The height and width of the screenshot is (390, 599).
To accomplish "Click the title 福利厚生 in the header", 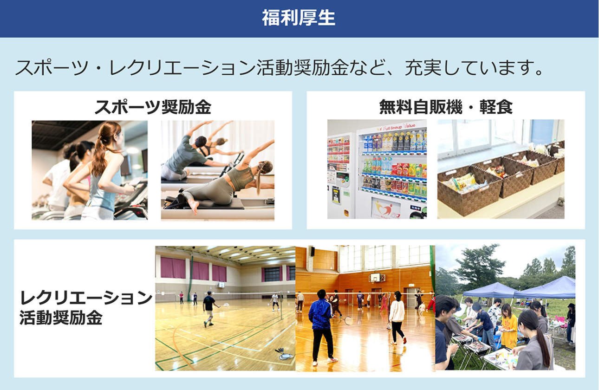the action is coord(299,18).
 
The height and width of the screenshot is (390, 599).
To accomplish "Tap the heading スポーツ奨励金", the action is coord(153,107).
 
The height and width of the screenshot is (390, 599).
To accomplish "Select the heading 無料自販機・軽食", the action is coord(446,107).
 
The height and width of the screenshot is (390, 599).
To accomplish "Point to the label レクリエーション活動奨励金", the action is coord(86,308).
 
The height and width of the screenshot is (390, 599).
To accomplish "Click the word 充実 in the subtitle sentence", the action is coord(423,68).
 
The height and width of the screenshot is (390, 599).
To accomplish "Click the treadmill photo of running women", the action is coord(90,170).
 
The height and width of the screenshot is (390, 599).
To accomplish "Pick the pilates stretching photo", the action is coord(218,170).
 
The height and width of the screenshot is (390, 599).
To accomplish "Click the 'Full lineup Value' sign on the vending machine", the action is coord(396,127).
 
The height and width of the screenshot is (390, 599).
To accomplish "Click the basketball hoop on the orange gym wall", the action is coord(377,278).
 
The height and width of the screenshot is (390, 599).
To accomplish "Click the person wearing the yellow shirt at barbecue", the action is coord(508,326).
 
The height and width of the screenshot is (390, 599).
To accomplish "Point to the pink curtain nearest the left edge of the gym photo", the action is coord(173,268).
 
